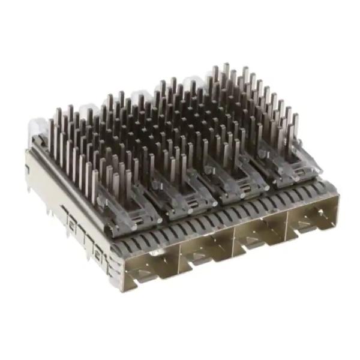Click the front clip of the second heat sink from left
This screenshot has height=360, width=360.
point(186,201)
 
